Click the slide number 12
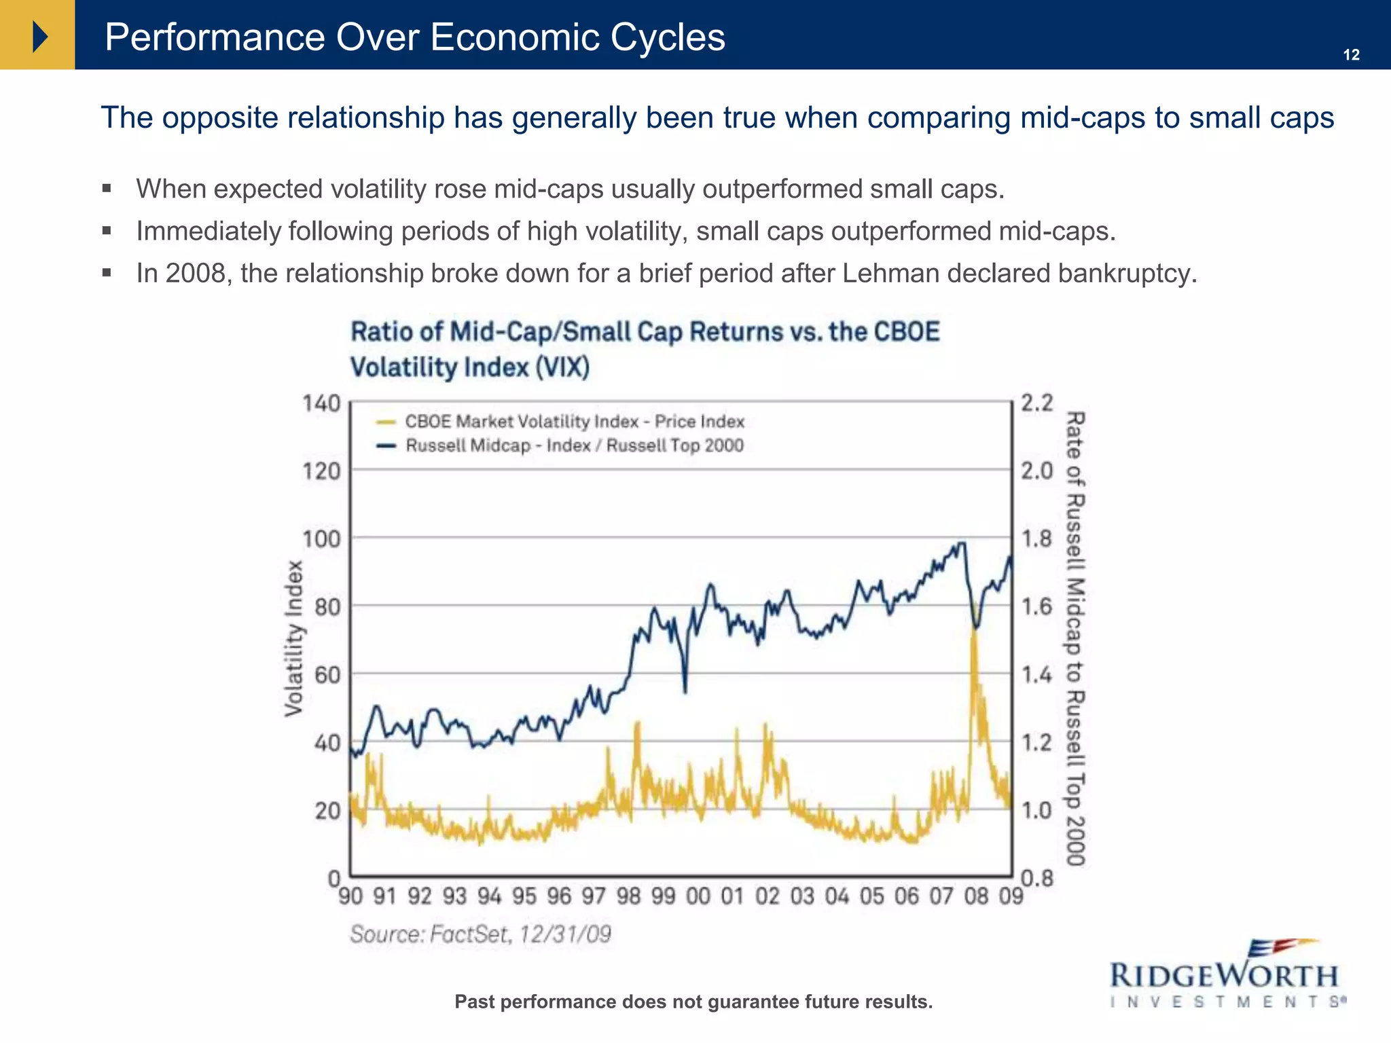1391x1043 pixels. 1351,55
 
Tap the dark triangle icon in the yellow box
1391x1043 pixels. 39,36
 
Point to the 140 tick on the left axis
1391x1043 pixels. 321,404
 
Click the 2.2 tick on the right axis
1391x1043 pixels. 1036,403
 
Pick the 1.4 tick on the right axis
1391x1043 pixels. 1036,675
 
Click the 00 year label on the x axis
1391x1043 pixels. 698,896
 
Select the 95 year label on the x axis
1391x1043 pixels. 524,896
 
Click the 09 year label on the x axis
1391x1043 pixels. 1011,896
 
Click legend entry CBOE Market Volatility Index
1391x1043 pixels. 574,422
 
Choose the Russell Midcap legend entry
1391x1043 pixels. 574,446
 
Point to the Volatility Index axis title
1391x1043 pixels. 293,638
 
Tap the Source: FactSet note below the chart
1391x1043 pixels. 480,934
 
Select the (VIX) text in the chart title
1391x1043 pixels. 562,367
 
